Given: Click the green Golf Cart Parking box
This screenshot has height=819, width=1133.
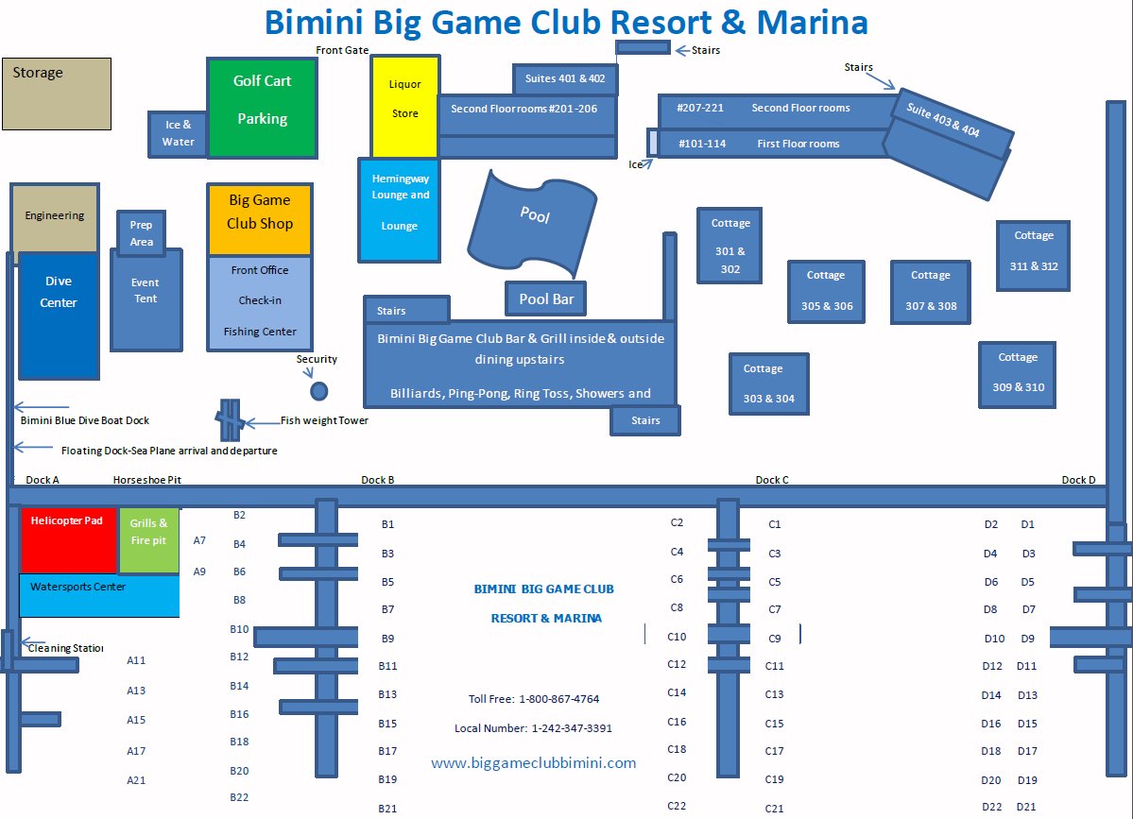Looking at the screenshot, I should tap(262, 107).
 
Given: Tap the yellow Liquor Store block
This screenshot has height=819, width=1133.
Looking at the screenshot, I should tap(404, 106).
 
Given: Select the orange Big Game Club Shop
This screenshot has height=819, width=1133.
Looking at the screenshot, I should tap(259, 219).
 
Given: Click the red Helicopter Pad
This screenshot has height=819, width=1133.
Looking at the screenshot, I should tap(68, 539).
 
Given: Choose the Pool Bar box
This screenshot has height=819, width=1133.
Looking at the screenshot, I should tap(546, 299).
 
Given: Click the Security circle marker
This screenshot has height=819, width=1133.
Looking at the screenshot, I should tap(319, 391).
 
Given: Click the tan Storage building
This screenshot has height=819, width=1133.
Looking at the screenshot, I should tap(57, 94).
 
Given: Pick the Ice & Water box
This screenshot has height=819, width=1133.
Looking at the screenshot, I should tap(179, 134).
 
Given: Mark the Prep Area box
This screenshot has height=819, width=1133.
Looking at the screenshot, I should tap(141, 233).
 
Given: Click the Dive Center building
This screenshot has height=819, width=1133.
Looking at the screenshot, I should tap(59, 316).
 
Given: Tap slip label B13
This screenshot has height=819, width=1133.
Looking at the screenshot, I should tap(387, 694).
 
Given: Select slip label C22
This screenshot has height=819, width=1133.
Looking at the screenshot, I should tap(677, 806).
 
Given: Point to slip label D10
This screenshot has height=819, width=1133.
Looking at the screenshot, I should tap(994, 639).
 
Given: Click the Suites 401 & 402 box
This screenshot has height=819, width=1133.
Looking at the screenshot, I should tap(565, 79).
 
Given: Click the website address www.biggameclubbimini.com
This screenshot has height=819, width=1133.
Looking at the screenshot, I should tap(534, 763).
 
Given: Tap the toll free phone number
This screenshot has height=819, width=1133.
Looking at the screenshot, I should tap(558, 699).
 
